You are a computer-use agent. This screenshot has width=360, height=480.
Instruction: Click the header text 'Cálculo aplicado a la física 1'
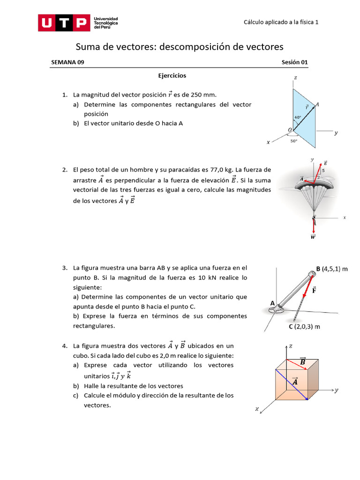coord(281,22)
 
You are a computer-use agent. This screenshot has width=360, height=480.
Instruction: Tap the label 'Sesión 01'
coord(295,62)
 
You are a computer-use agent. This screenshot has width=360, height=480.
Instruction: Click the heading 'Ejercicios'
coord(172,75)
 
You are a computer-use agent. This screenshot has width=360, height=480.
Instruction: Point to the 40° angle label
coord(297,117)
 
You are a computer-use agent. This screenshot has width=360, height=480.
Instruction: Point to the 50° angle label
coord(294,140)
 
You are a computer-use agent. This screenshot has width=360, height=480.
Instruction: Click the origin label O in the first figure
coord(290,129)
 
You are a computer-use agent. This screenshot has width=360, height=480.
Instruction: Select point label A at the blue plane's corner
coord(317,105)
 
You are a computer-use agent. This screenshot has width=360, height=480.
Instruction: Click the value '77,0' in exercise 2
coord(210,170)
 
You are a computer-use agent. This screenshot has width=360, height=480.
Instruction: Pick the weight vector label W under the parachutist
coord(313,237)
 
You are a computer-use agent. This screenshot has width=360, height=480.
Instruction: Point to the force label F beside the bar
coord(314,290)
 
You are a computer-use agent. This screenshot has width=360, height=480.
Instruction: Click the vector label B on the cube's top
coord(302,361)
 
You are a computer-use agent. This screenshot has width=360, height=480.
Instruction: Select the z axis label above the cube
coord(291,346)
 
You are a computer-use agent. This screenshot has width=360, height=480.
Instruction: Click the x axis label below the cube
coord(257,409)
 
